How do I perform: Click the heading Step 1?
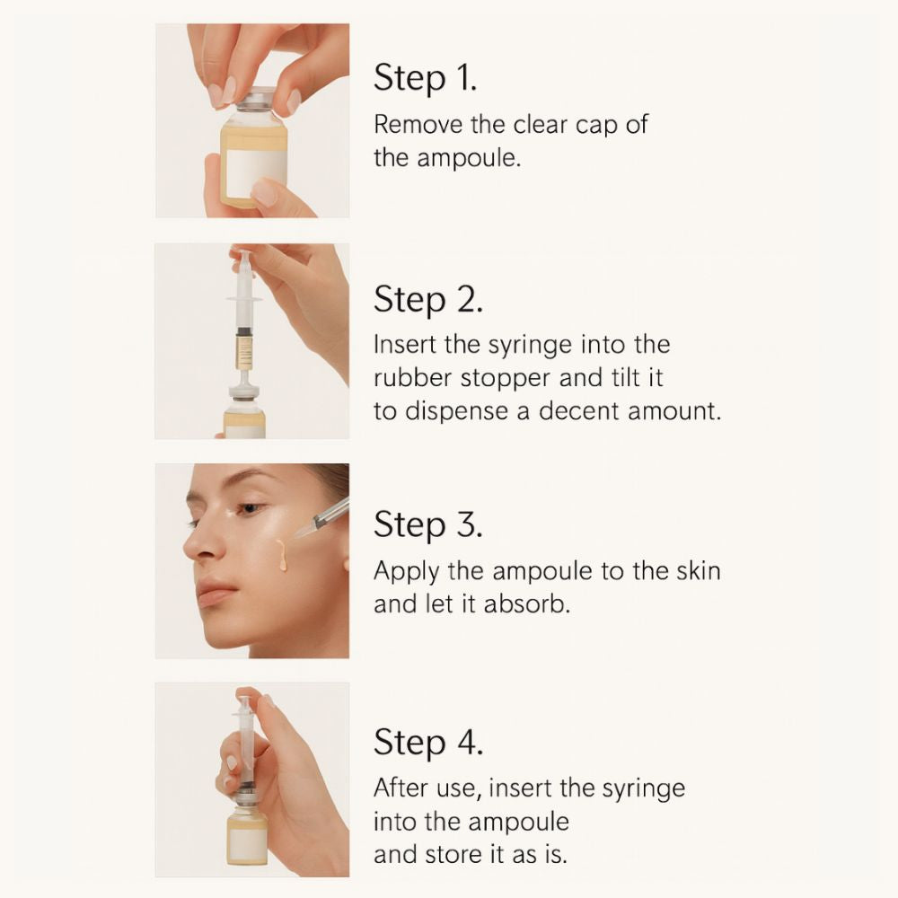pos(425,79)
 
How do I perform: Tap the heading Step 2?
pos(428,300)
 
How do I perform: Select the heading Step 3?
pos(428,524)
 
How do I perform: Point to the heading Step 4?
pos(428,744)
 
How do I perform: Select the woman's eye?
pos(251,509)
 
